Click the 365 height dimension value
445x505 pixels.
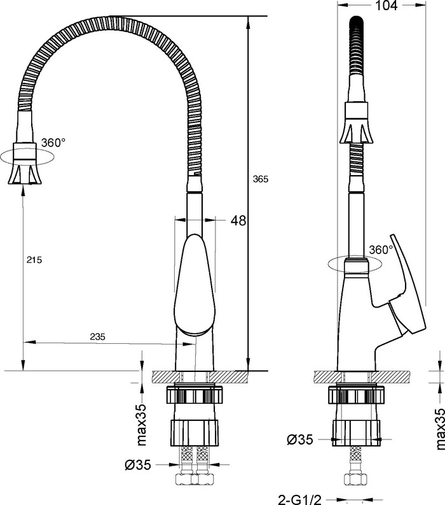(x=261, y=179)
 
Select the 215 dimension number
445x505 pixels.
(x=34, y=260)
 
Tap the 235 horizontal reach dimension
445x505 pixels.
(x=97, y=336)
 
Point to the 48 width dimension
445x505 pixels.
(x=238, y=220)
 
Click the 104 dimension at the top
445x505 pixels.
(x=387, y=5)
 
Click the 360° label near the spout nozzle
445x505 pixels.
(x=53, y=143)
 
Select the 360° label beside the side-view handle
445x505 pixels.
(x=381, y=250)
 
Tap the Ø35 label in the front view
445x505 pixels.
(x=138, y=465)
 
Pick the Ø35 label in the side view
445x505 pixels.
(x=300, y=439)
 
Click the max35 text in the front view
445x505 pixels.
(x=142, y=425)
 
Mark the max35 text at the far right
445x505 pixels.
(x=440, y=429)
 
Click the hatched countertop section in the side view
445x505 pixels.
(x=362, y=377)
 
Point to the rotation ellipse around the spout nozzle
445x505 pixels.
(x=27, y=157)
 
